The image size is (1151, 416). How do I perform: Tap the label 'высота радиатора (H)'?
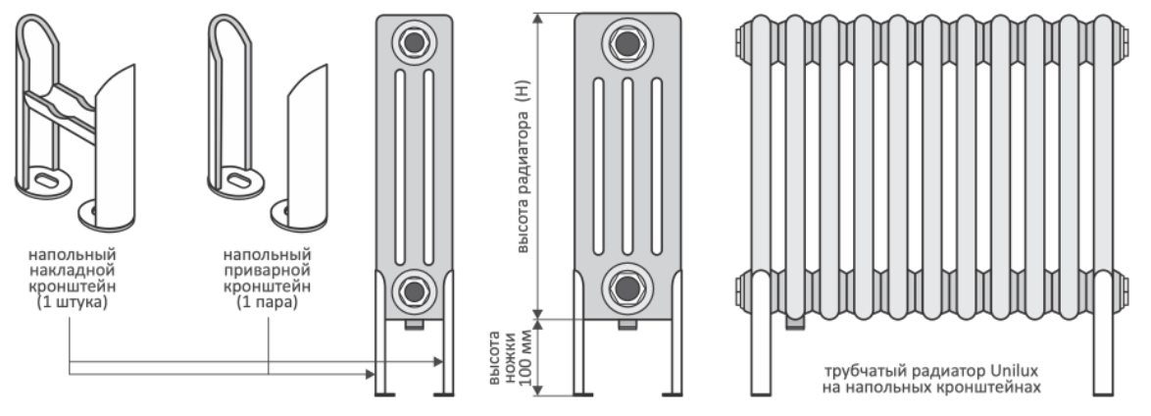coord(523,166)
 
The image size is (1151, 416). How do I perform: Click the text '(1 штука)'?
coord(72,302)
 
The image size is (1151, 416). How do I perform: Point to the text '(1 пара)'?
coord(268,302)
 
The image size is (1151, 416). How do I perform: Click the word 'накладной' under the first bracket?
coord(72,271)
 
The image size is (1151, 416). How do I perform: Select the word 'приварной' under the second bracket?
coord(268,271)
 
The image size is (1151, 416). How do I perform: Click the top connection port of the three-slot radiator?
coord(626,43)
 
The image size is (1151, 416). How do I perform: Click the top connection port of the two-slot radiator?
coord(414,42)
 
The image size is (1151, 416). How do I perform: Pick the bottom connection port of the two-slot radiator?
coord(414,291)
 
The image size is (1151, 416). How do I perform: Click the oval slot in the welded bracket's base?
coord(240,180)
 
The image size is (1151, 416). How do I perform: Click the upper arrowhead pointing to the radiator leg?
coord(438,362)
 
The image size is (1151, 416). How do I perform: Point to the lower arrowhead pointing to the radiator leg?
coord(370,374)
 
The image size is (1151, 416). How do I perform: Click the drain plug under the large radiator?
coord(795,322)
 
